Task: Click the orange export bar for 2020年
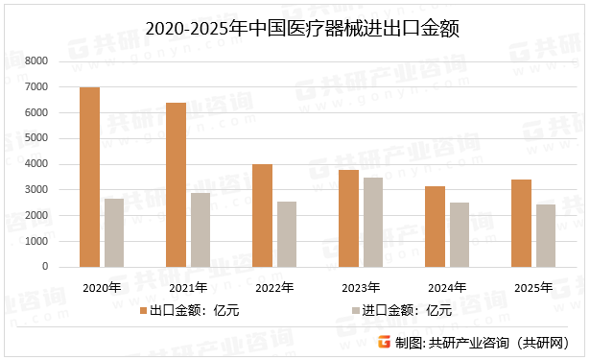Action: [89, 177]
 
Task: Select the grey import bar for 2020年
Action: [114, 232]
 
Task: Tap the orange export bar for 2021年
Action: [176, 184]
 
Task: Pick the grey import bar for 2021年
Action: [201, 229]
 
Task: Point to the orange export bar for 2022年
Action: [262, 215]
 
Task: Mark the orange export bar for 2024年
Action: [435, 227]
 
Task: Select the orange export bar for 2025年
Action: [521, 223]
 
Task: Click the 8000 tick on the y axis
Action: [35, 61]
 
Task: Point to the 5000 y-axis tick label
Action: [35, 138]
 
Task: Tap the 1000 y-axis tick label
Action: [35, 241]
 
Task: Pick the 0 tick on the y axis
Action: [44, 267]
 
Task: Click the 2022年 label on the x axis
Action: [275, 286]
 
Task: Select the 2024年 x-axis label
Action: [447, 286]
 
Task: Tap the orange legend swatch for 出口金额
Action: [142, 310]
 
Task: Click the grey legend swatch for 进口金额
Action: [357, 310]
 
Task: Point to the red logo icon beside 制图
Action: [384, 343]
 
